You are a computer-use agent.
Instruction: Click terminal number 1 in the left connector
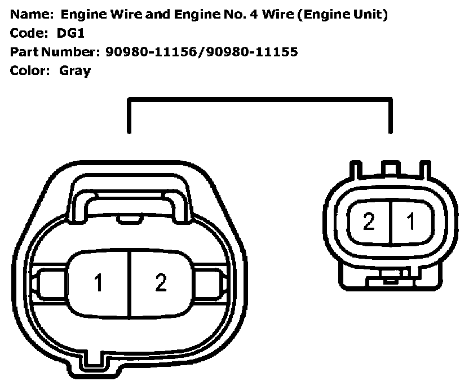point(99,282)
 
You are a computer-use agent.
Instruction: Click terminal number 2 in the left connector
point(161,282)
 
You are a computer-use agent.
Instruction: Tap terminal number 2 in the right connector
point(369,221)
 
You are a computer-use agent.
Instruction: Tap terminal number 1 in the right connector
point(411,221)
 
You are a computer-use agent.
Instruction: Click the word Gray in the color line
point(74,71)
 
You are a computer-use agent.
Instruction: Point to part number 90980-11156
point(152,52)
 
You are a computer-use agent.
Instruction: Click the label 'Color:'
point(29,71)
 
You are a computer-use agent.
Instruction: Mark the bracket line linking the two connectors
point(259,100)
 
